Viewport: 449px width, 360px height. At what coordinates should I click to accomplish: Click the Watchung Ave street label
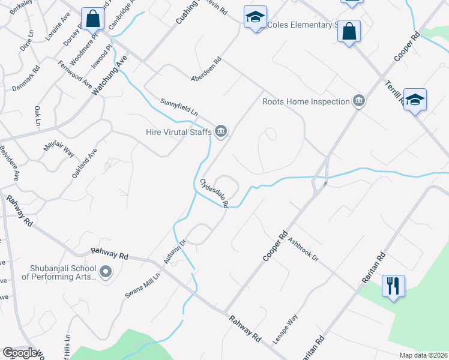(111, 75)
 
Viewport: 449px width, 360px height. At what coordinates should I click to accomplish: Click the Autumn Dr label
(175, 252)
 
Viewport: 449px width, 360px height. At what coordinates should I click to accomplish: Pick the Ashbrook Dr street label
(302, 249)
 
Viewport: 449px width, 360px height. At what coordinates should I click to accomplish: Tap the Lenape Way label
(285, 328)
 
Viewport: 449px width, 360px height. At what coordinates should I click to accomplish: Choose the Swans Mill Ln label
(143, 285)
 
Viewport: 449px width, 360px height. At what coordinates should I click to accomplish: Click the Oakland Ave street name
(84, 163)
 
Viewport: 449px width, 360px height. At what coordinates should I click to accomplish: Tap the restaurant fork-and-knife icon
(393, 285)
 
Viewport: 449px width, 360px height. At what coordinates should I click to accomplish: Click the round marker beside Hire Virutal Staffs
(221, 131)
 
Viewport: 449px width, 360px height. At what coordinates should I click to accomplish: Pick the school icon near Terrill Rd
(415, 100)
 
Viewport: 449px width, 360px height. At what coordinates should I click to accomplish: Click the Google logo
(20, 353)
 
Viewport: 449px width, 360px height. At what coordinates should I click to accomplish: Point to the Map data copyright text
(423, 355)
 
